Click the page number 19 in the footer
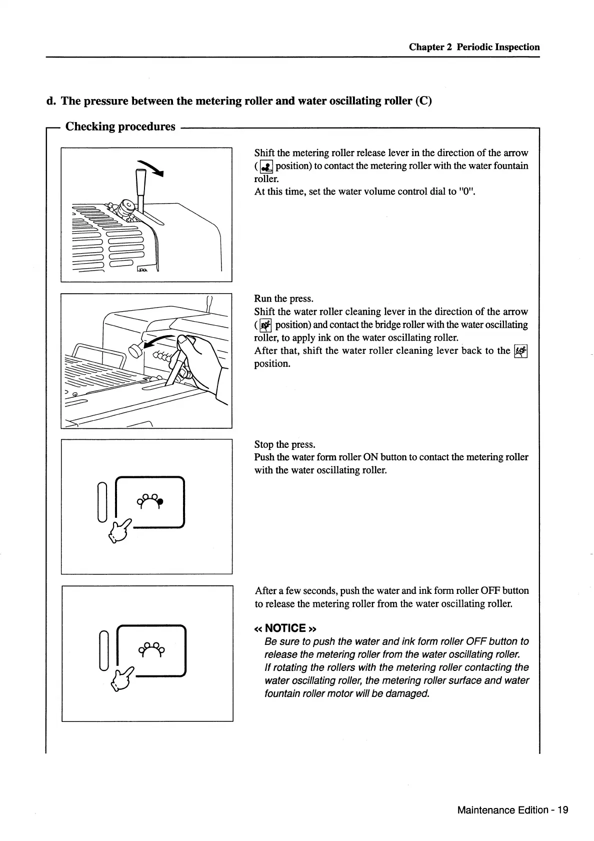point(563,810)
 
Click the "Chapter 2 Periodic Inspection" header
point(474,47)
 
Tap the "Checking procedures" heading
point(120,127)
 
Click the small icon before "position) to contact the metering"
point(265,166)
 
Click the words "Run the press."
point(283,299)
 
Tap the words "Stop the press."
point(284,444)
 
